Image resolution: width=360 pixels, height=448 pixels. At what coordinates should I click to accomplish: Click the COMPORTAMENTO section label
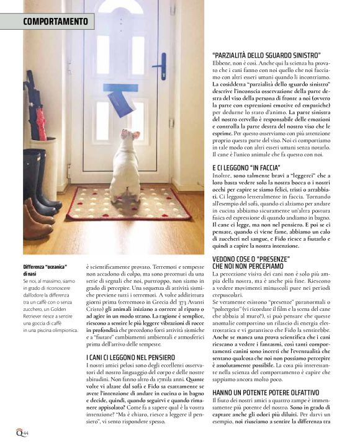tap(55, 22)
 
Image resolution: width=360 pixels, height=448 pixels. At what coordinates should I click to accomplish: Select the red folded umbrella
tap(41, 125)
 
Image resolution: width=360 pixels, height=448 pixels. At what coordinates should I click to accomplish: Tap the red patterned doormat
tap(127, 204)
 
